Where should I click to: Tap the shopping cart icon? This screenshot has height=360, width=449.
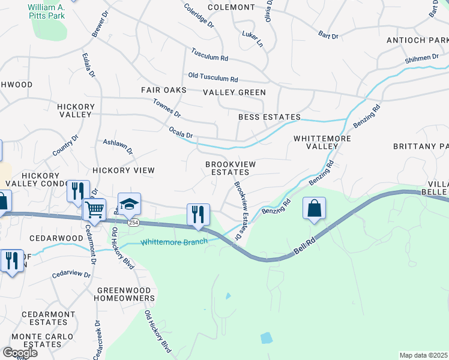(95, 209)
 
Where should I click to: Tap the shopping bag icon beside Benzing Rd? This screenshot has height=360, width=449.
(314, 208)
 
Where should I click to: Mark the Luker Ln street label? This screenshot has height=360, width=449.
(253, 40)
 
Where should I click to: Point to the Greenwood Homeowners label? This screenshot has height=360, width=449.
(125, 293)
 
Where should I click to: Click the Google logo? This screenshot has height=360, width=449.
(19, 352)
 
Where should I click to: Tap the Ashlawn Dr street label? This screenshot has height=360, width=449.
(118, 146)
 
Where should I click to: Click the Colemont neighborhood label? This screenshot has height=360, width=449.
(231, 7)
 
